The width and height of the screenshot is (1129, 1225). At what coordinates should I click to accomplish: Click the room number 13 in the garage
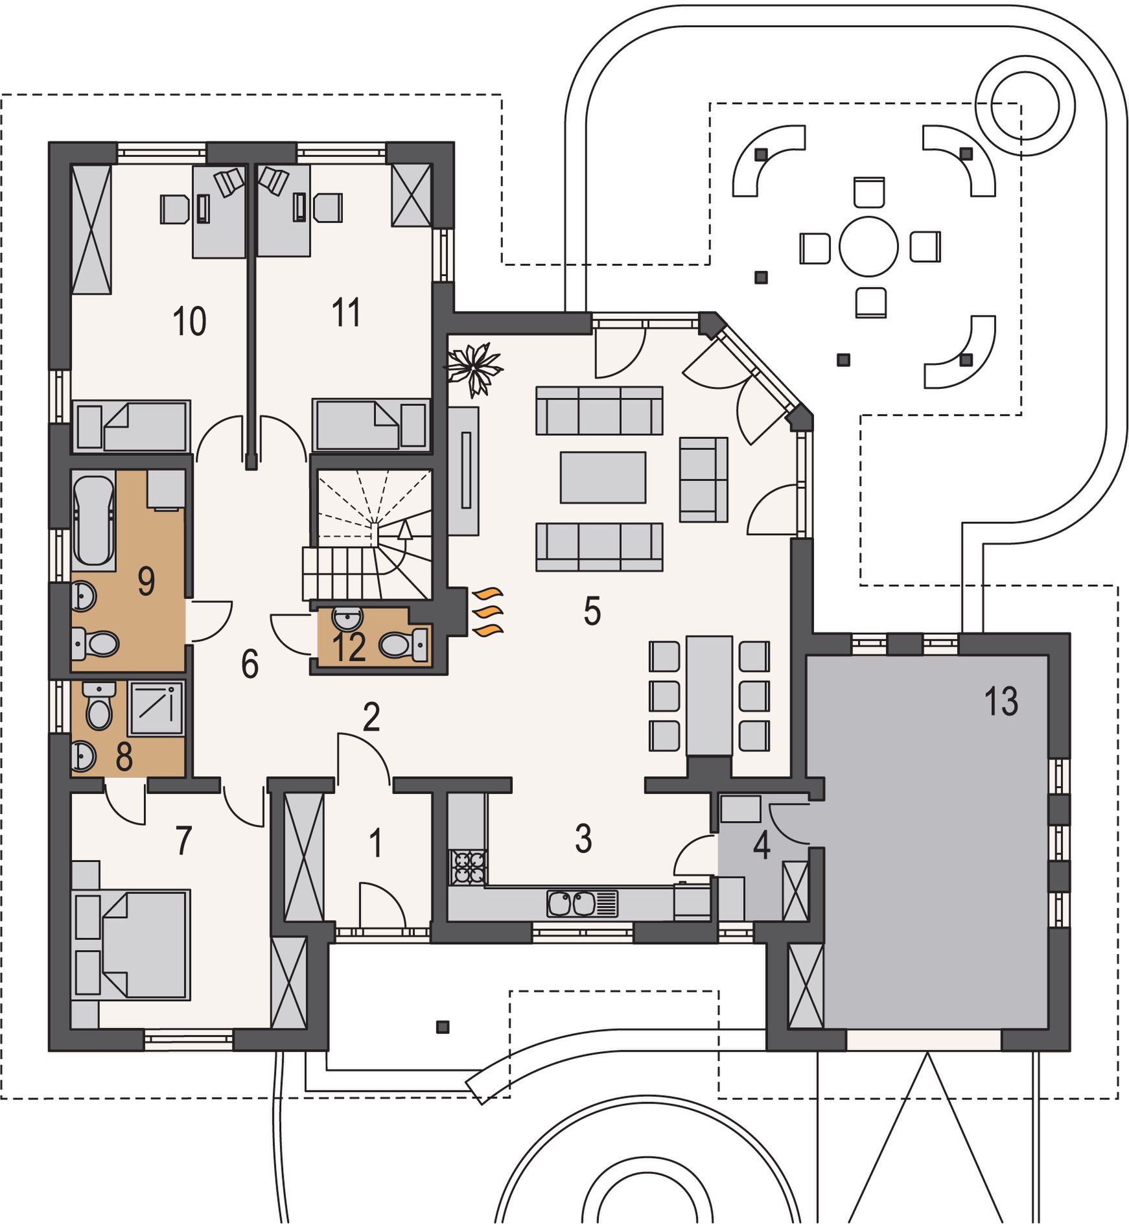tap(1001, 701)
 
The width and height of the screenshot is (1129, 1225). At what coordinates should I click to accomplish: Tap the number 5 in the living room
tap(592, 611)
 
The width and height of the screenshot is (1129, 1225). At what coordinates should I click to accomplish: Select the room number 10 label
tap(189, 321)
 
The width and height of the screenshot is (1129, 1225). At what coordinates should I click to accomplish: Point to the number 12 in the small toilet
tap(349, 647)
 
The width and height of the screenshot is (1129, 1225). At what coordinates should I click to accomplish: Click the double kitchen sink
tap(582, 904)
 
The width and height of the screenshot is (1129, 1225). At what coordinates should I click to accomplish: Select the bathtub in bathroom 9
tap(94, 520)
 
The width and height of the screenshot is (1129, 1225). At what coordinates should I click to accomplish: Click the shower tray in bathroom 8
tap(156, 708)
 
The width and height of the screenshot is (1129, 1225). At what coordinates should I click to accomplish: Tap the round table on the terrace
tap(868, 247)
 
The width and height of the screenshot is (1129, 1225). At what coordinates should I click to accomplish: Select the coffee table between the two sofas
tap(603, 477)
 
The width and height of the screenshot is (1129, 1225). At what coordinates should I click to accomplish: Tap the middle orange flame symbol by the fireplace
tap(489, 611)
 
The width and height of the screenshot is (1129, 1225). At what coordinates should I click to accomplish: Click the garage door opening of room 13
tap(924, 1040)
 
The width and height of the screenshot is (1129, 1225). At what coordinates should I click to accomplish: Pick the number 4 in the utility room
tap(762, 845)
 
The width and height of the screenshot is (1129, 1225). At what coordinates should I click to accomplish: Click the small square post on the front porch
tap(443, 1027)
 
